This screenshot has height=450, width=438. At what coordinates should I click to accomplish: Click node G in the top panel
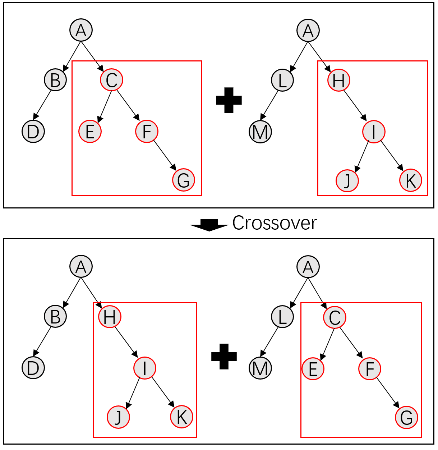[x=184, y=180]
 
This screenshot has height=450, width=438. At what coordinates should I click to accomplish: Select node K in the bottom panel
[x=181, y=417]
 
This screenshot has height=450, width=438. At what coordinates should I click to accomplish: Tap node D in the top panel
[x=33, y=131]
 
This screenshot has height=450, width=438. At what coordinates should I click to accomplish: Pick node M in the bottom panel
[x=260, y=368]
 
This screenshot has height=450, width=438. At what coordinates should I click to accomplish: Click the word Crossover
[x=275, y=223]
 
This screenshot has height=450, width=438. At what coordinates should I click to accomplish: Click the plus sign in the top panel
[x=229, y=100]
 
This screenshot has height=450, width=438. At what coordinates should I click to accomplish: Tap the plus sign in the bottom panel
[x=224, y=356]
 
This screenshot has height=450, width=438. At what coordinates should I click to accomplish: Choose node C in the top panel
[x=112, y=80]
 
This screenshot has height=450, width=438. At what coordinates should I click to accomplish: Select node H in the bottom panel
[x=110, y=317]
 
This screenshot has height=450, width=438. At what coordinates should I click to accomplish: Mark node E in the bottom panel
[x=313, y=369]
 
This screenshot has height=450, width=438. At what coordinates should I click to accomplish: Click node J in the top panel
[x=347, y=180]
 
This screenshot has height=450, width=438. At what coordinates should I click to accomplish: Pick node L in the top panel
[x=282, y=80]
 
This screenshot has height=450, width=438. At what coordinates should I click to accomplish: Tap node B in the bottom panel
[x=55, y=317]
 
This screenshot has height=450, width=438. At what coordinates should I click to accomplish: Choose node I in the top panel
[x=374, y=132]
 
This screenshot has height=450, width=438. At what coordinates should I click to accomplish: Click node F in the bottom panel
[x=370, y=369]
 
